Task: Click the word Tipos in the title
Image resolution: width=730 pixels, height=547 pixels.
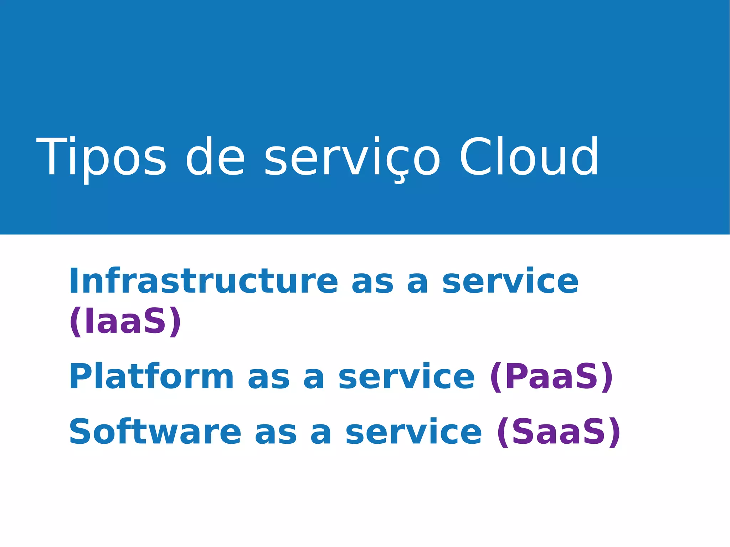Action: pyautogui.click(x=101, y=158)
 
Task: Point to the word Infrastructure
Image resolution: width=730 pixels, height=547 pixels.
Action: pyautogui.click(x=203, y=281)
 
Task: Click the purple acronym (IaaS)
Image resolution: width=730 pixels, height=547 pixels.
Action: pyautogui.click(x=125, y=321)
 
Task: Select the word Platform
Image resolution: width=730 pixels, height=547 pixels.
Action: pyautogui.click(x=151, y=377)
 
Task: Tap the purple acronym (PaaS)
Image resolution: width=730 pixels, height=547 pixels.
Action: pyautogui.click(x=551, y=377)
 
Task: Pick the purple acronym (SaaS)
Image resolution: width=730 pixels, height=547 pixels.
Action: pyautogui.click(x=559, y=432)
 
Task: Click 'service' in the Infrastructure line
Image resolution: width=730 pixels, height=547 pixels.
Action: pyautogui.click(x=510, y=282)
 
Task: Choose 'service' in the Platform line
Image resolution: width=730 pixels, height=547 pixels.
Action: pyautogui.click(x=407, y=377)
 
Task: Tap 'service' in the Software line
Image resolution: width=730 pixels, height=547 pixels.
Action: pyautogui.click(x=413, y=432)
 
